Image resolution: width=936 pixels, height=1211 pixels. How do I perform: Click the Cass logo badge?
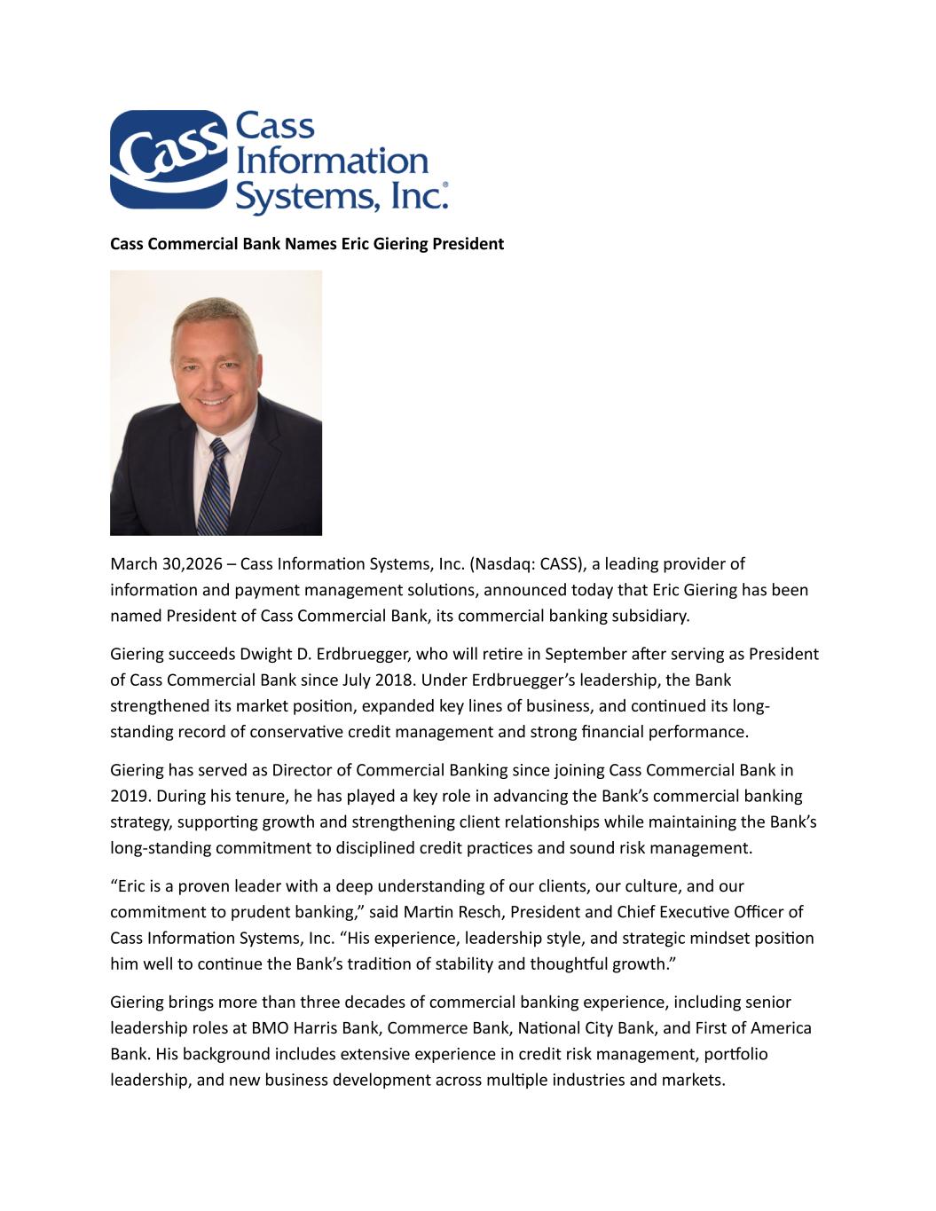coord(167,160)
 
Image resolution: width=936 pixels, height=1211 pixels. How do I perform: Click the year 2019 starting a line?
coord(127,797)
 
